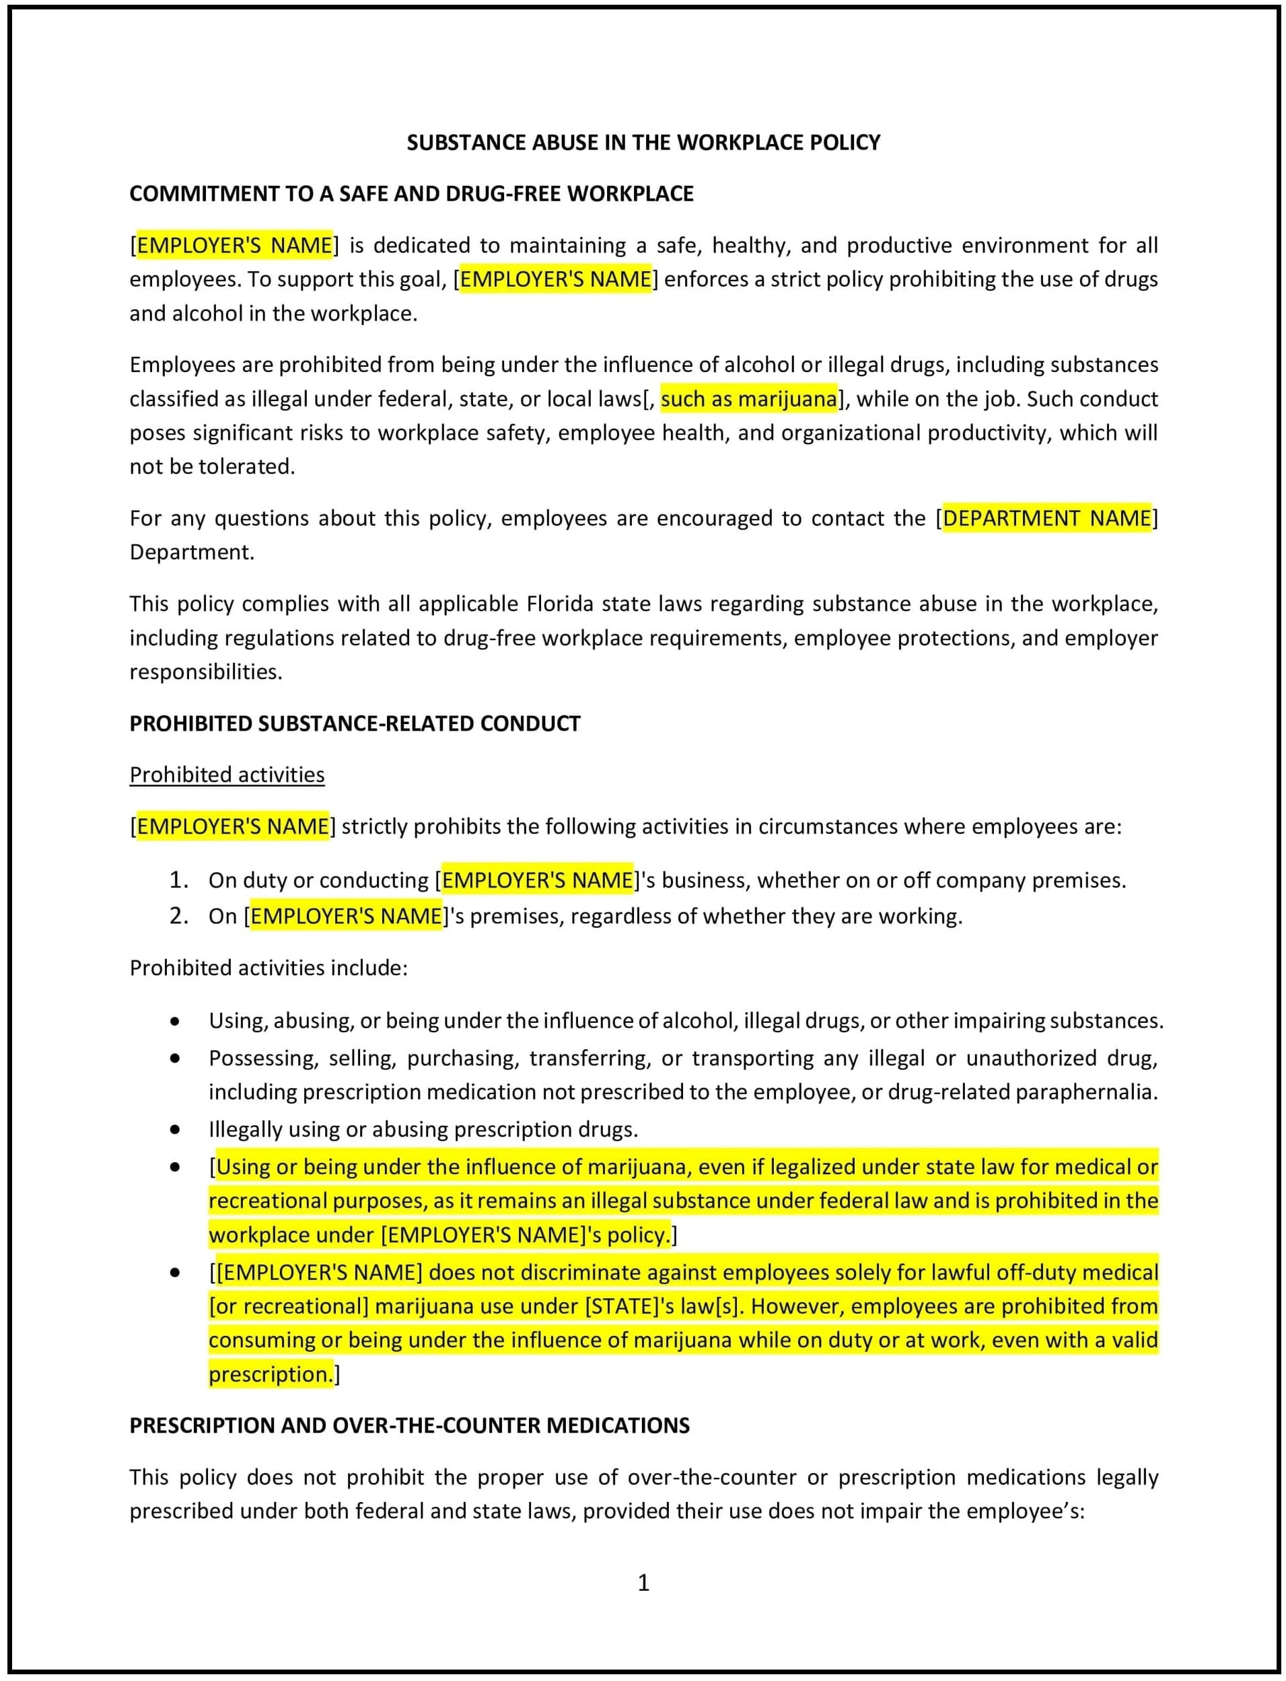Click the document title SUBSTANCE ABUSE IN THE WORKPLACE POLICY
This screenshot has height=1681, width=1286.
pyautogui.click(x=643, y=143)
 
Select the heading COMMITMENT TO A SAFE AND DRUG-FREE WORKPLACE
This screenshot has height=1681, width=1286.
pyautogui.click(x=411, y=194)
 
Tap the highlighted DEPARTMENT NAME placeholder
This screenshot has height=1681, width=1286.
pyautogui.click(x=1046, y=518)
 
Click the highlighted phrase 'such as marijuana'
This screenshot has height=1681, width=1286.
pyautogui.click(x=748, y=399)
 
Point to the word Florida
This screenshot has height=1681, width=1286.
pyautogui.click(x=560, y=604)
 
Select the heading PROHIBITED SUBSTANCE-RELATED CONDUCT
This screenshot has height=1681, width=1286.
pyautogui.click(x=355, y=723)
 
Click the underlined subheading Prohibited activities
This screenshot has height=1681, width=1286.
pyautogui.click(x=227, y=775)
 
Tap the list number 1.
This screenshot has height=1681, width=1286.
pyautogui.click(x=178, y=880)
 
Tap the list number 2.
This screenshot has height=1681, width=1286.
pyautogui.click(x=178, y=917)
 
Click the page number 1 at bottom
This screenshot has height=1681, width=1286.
pyautogui.click(x=643, y=1582)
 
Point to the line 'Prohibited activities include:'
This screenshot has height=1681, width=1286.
pyautogui.click(x=268, y=968)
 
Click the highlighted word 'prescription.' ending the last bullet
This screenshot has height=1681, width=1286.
pyautogui.click(x=271, y=1375)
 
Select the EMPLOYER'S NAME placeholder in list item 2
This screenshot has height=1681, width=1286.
pyautogui.click(x=346, y=917)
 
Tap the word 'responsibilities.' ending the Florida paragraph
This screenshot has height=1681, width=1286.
pyautogui.click(x=206, y=672)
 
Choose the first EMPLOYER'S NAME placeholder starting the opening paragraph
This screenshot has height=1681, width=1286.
pyautogui.click(x=234, y=246)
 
